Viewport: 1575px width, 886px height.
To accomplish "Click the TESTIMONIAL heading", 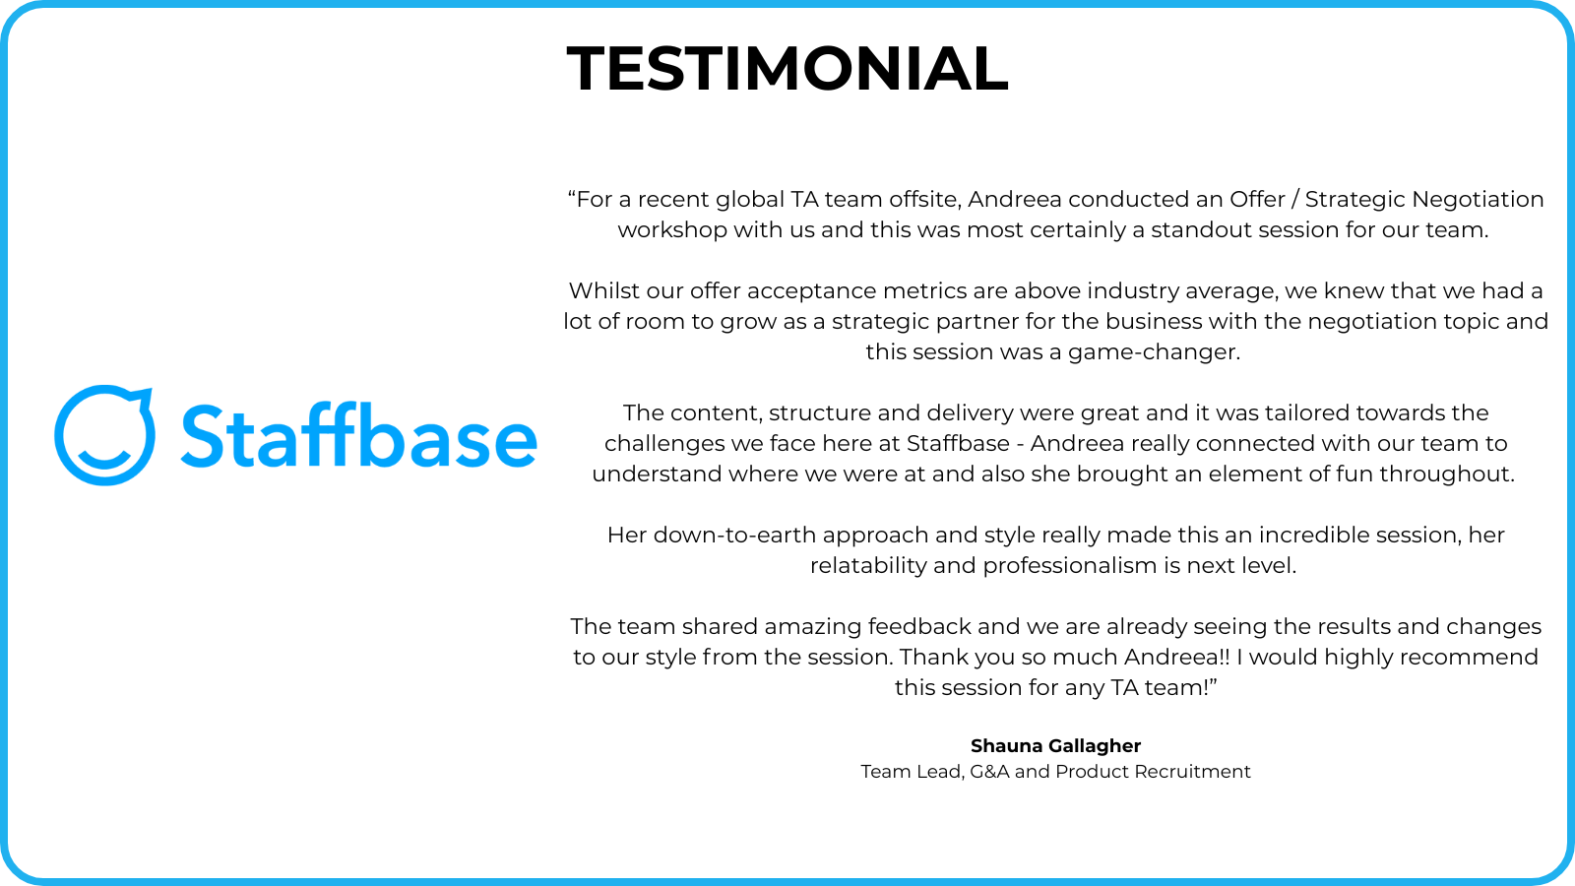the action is pos(787,68).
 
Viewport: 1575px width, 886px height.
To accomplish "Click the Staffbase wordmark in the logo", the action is pos(359,435).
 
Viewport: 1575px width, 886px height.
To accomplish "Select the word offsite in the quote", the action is pos(924,200).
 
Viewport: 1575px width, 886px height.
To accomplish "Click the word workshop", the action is pos(672,230).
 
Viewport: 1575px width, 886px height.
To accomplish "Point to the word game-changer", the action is pos(1154,353).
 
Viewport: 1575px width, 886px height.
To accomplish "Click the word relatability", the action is pos(868,567).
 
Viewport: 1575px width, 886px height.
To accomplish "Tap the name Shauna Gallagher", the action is pos(1055,746).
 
